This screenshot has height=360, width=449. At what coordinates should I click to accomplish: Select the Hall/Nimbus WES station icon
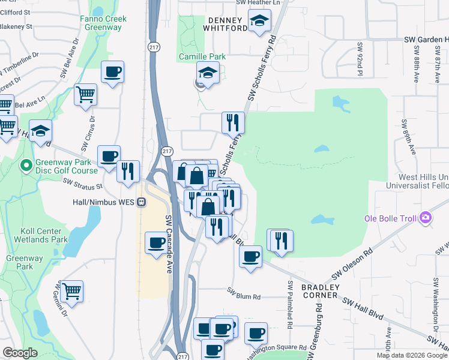142,202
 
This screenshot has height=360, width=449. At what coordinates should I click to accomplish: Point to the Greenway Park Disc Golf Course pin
26,164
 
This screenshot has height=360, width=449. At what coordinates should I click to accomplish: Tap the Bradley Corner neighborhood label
320,292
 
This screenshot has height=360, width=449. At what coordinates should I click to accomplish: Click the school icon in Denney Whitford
259,22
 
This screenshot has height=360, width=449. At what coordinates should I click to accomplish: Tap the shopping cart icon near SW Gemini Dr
71,290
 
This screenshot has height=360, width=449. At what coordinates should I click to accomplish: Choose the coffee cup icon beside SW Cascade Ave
157,243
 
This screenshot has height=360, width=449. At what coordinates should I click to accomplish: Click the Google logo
20,353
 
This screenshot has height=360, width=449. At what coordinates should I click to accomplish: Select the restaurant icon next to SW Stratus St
128,170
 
